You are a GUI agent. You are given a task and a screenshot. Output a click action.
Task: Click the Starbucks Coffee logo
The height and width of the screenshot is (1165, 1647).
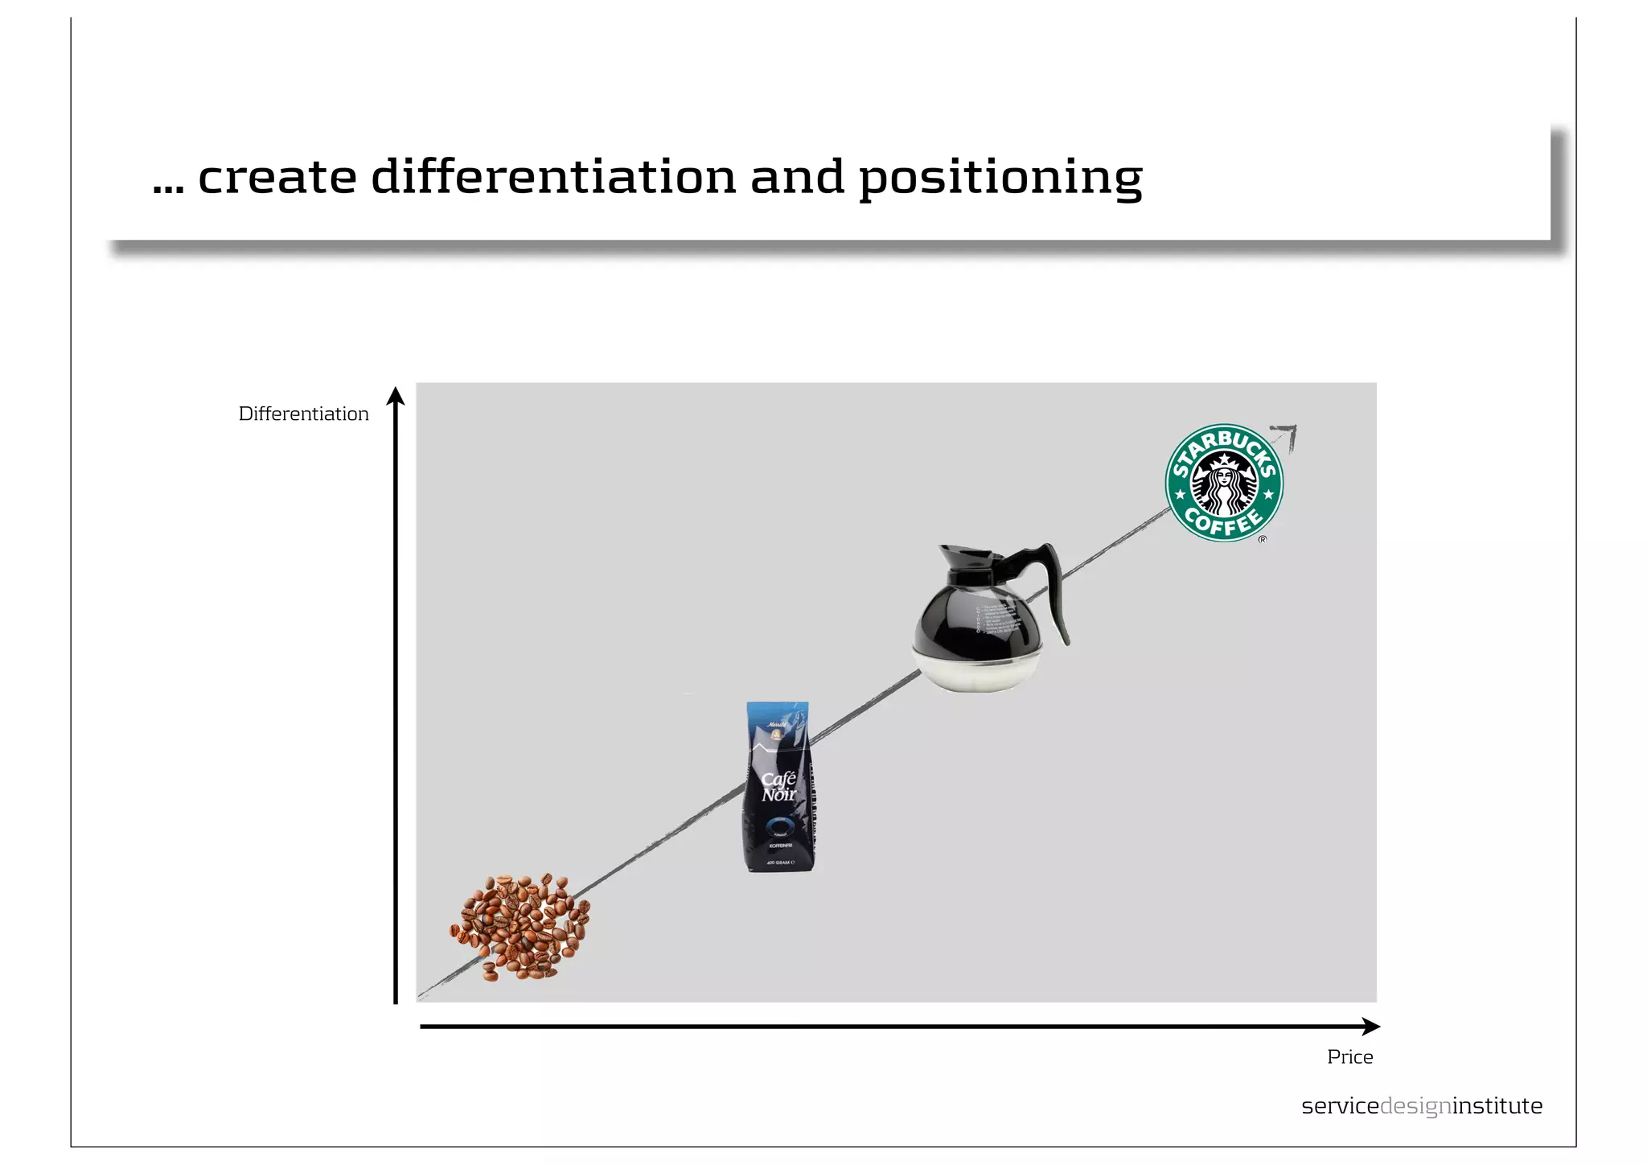point(1224,483)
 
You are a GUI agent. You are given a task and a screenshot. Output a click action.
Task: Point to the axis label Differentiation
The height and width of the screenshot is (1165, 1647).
point(303,414)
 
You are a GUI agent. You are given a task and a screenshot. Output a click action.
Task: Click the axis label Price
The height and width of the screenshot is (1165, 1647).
point(1349,1057)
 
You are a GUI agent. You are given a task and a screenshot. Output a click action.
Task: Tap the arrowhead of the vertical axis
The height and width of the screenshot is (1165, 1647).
point(395,396)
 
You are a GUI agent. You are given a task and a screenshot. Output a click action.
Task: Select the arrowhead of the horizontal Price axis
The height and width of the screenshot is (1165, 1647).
point(1370,1027)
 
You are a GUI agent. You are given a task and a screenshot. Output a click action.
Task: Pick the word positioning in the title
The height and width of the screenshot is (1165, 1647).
point(1000,178)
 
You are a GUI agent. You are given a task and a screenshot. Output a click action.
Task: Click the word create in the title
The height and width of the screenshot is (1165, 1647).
point(277,178)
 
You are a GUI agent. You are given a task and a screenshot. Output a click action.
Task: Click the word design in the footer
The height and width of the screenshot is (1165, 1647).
point(1415,1107)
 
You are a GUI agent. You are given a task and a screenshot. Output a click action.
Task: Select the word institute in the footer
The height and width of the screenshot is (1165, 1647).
point(1497,1106)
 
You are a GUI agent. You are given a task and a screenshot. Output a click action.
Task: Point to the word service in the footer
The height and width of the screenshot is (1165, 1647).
point(1340,1106)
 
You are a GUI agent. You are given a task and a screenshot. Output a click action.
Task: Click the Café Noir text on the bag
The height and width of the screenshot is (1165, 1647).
point(778,787)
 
